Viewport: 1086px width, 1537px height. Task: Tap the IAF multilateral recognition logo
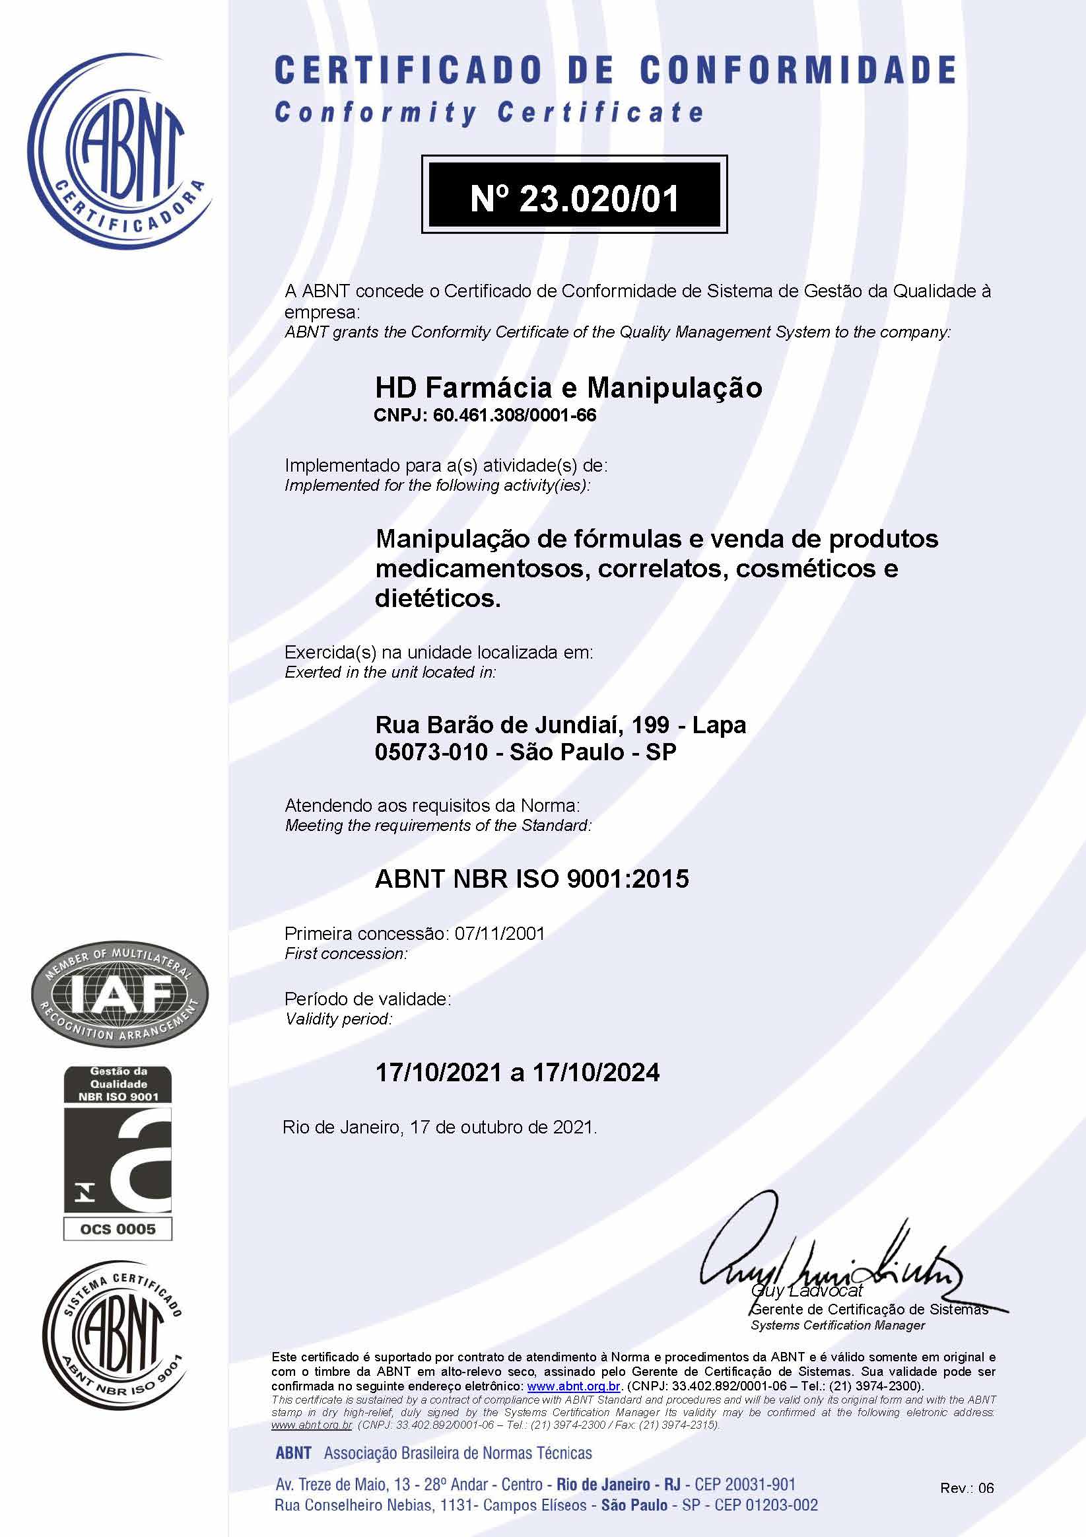click(x=119, y=997)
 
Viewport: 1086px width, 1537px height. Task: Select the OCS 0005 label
click(x=118, y=1229)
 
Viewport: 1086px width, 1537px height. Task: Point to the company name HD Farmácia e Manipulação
click(x=568, y=388)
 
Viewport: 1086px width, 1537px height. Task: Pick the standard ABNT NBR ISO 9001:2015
click(x=532, y=878)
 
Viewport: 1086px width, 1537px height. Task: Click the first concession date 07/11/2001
click(x=499, y=933)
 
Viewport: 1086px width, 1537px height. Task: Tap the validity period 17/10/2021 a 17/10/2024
click(x=517, y=1073)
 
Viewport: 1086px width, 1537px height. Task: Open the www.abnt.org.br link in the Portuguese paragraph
click(x=574, y=1386)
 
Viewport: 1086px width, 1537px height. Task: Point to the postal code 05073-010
click(x=431, y=752)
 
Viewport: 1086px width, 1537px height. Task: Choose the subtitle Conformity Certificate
click(x=489, y=113)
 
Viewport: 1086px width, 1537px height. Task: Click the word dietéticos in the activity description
click(x=438, y=598)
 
